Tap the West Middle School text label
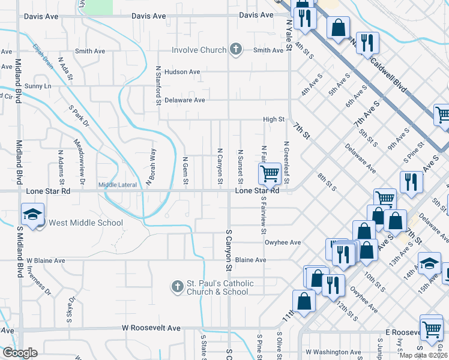[x=85, y=223]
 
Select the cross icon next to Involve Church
[x=237, y=50]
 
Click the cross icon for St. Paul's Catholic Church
[x=177, y=287]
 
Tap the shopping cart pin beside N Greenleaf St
[x=270, y=174]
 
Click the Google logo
[x=19, y=353]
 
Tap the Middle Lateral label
[x=118, y=185]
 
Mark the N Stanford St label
[x=158, y=85]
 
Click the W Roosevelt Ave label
[x=151, y=328]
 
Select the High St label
[x=274, y=119]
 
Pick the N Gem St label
[x=185, y=170]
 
